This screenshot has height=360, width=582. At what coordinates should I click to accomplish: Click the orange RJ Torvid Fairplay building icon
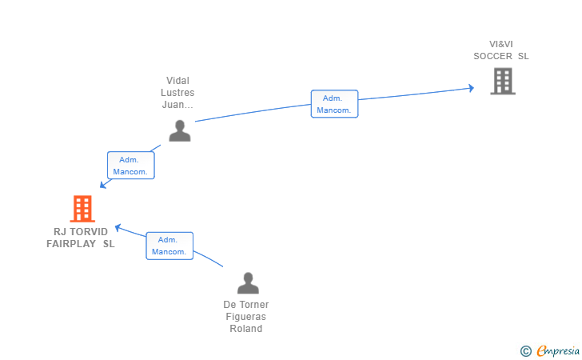tap(82, 209)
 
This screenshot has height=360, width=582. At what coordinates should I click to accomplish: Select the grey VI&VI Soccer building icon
tap(503, 81)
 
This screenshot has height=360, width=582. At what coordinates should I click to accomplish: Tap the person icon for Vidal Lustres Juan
tap(180, 130)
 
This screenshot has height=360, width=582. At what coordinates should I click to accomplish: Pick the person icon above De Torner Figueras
tap(248, 283)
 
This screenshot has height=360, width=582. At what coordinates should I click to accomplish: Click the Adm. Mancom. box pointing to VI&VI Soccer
tap(334, 104)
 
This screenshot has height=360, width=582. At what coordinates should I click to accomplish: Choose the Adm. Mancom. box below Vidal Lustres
tap(130, 166)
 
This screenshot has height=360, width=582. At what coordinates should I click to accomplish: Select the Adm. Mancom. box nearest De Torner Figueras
tap(169, 246)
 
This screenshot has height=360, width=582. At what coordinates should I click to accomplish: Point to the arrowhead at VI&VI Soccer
tap(472, 88)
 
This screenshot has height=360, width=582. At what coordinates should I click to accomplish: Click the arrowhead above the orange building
tap(103, 184)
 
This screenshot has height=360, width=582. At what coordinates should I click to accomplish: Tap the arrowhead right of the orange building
tap(118, 227)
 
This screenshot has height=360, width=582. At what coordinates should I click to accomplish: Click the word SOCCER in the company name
tap(493, 56)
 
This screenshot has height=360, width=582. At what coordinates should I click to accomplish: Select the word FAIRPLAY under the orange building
tap(71, 244)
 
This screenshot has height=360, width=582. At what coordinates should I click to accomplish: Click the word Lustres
tap(177, 93)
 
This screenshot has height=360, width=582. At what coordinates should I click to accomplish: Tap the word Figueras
tap(245, 317)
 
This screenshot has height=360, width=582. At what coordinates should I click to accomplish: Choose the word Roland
tap(245, 329)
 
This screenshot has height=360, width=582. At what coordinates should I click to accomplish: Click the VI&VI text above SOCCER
tap(501, 44)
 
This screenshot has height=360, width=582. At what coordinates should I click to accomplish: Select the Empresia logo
tap(558, 350)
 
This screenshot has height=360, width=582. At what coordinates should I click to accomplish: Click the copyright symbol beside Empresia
tap(526, 351)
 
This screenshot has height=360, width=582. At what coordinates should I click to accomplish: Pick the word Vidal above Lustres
tap(177, 81)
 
